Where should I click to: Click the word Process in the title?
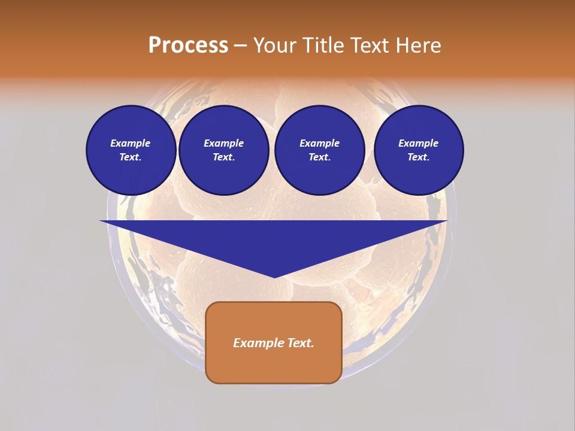point(188,45)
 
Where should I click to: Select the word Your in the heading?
point(274,45)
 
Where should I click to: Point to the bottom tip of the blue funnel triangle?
point(274,276)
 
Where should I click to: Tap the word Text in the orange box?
point(301,343)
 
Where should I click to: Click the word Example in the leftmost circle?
point(131,143)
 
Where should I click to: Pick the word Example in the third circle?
point(319,143)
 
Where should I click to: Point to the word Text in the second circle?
point(223,157)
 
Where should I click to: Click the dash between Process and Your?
point(240,45)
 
